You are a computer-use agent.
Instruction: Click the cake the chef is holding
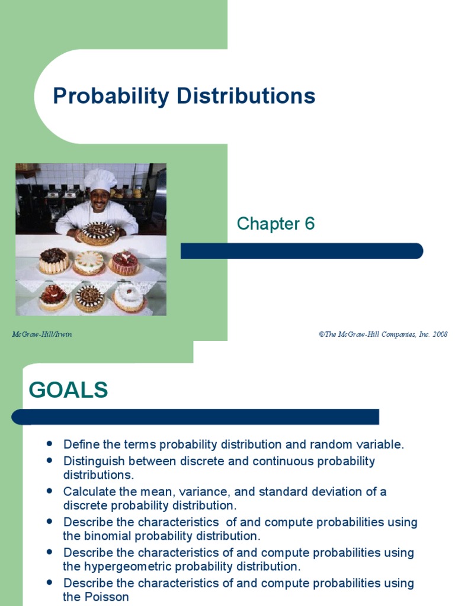pyautogui.click(x=98, y=233)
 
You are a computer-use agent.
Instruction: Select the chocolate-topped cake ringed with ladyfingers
pyautogui.click(x=54, y=260)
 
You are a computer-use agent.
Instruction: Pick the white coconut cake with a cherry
pyautogui.click(x=129, y=298)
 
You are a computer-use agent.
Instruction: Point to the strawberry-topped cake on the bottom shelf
pyautogui.click(x=54, y=297)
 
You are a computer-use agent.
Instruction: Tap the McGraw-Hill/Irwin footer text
pyautogui.click(x=42, y=334)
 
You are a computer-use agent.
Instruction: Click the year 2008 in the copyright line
pyautogui.click(x=439, y=334)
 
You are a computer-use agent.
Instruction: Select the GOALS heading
pyautogui.click(x=68, y=390)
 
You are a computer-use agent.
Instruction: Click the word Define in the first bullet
pyautogui.click(x=80, y=444)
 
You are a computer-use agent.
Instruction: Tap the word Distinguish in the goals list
pyautogui.click(x=92, y=461)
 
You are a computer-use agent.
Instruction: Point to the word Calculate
pyautogui.click(x=88, y=492)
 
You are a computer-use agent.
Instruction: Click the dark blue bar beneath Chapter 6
pyautogui.click(x=302, y=251)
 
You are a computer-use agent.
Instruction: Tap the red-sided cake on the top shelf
pyautogui.click(x=124, y=262)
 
